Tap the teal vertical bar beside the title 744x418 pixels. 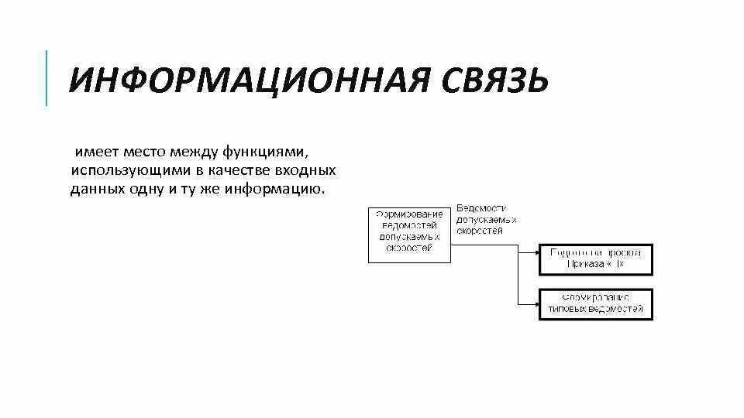click(x=46, y=77)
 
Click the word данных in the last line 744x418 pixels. click(x=96, y=190)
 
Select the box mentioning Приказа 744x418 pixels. click(x=596, y=259)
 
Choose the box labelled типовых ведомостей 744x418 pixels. click(x=596, y=303)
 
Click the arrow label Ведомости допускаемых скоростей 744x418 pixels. click(x=486, y=220)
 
